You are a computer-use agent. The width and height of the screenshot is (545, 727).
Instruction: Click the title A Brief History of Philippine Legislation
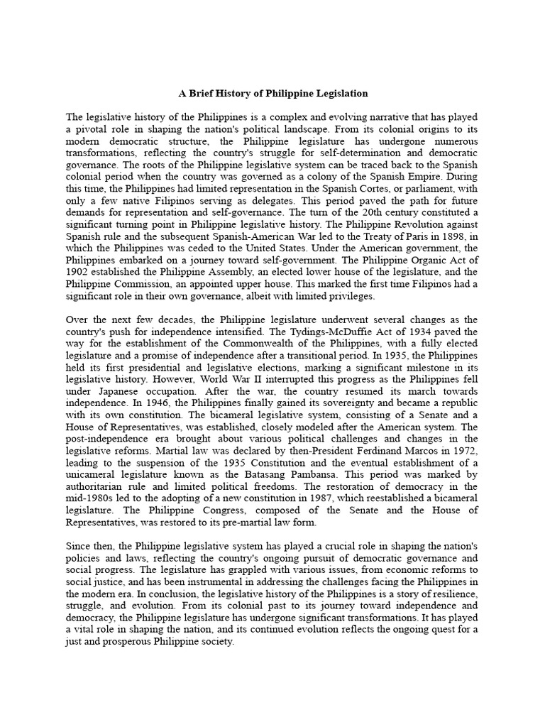(x=272, y=93)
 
